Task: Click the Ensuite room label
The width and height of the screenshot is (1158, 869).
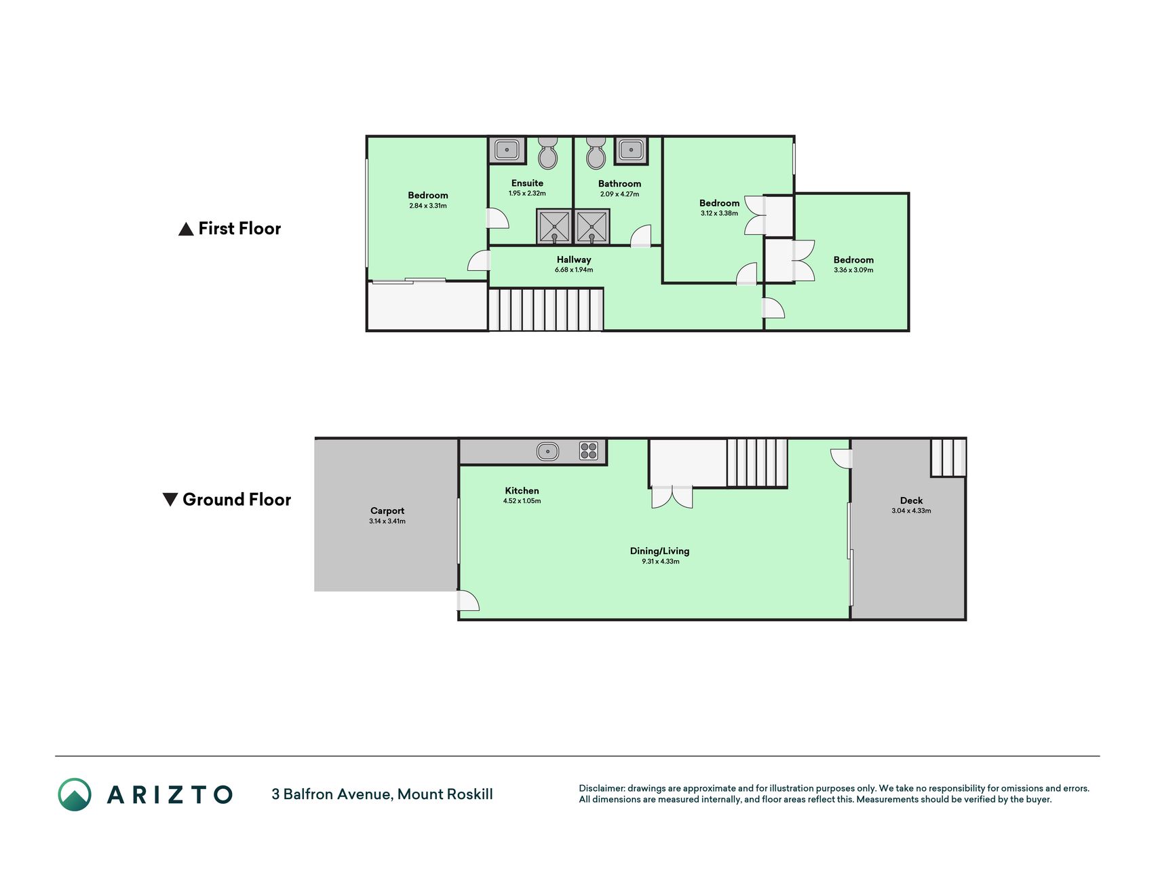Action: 527,183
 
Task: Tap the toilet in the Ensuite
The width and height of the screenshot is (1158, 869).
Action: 547,153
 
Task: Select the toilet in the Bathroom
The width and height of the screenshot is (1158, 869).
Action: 596,153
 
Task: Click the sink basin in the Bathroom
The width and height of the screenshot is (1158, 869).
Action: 631,150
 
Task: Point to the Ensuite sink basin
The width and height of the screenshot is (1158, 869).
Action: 507,150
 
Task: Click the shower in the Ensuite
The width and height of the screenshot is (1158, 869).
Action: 554,226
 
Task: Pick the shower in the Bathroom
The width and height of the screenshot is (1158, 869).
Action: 592,226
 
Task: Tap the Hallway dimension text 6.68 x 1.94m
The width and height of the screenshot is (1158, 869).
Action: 574,270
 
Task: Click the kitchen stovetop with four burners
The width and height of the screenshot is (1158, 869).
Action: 589,451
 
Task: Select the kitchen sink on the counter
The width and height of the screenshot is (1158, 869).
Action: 547,451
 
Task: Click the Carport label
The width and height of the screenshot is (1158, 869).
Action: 387,511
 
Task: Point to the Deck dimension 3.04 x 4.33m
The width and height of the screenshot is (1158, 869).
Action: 911,511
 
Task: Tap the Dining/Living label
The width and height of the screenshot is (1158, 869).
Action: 659,551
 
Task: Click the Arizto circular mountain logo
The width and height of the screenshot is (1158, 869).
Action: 75,794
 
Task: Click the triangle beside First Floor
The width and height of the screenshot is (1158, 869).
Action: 186,229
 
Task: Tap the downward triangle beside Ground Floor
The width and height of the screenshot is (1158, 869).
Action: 170,500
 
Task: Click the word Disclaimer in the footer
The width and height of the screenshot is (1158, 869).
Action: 602,788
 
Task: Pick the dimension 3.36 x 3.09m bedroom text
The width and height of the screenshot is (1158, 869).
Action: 853,270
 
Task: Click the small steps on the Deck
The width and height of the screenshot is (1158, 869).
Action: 948,458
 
